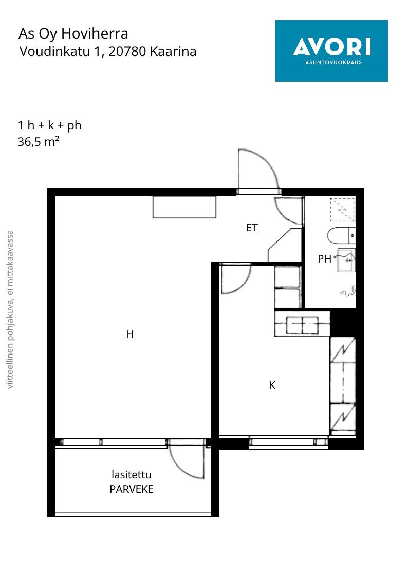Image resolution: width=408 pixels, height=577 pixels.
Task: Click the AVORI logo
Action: (x=331, y=51)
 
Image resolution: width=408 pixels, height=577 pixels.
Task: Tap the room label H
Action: (x=129, y=334)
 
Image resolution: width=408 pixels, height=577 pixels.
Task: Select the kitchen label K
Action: (x=272, y=385)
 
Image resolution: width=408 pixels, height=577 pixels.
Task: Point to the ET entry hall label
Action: (x=252, y=228)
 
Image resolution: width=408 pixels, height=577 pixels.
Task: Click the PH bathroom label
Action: (x=324, y=259)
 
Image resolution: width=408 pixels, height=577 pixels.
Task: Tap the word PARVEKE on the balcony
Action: (x=132, y=489)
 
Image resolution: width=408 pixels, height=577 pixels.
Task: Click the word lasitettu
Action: (x=132, y=475)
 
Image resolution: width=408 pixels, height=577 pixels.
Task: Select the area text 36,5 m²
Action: (x=39, y=141)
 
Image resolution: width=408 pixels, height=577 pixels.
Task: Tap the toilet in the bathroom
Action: (x=341, y=236)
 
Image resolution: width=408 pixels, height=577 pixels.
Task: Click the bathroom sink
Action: (x=346, y=260)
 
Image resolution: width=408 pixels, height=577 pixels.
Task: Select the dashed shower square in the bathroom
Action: (x=342, y=210)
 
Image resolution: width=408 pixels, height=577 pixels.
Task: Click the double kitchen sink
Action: (x=302, y=325)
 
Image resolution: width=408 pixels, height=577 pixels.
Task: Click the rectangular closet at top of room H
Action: (x=184, y=207)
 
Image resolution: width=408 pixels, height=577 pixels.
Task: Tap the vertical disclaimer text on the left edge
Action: (x=10, y=309)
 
